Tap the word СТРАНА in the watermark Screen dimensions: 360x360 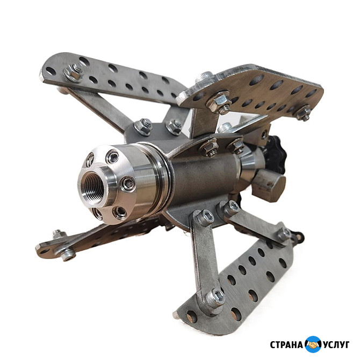[286, 345]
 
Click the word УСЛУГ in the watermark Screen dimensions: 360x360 [336, 345]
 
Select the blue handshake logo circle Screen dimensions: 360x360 [313, 344]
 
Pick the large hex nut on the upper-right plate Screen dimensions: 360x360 [219, 103]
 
